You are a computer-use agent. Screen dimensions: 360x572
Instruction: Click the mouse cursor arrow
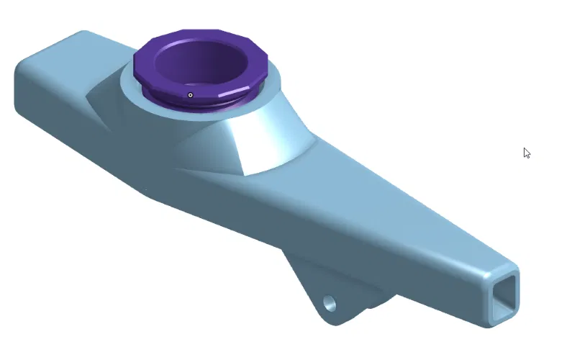[527, 153]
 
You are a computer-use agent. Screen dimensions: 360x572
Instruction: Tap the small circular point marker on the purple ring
[191, 95]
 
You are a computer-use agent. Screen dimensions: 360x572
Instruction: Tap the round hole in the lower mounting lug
[330, 303]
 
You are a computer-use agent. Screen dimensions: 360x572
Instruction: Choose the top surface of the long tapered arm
[389, 209]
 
